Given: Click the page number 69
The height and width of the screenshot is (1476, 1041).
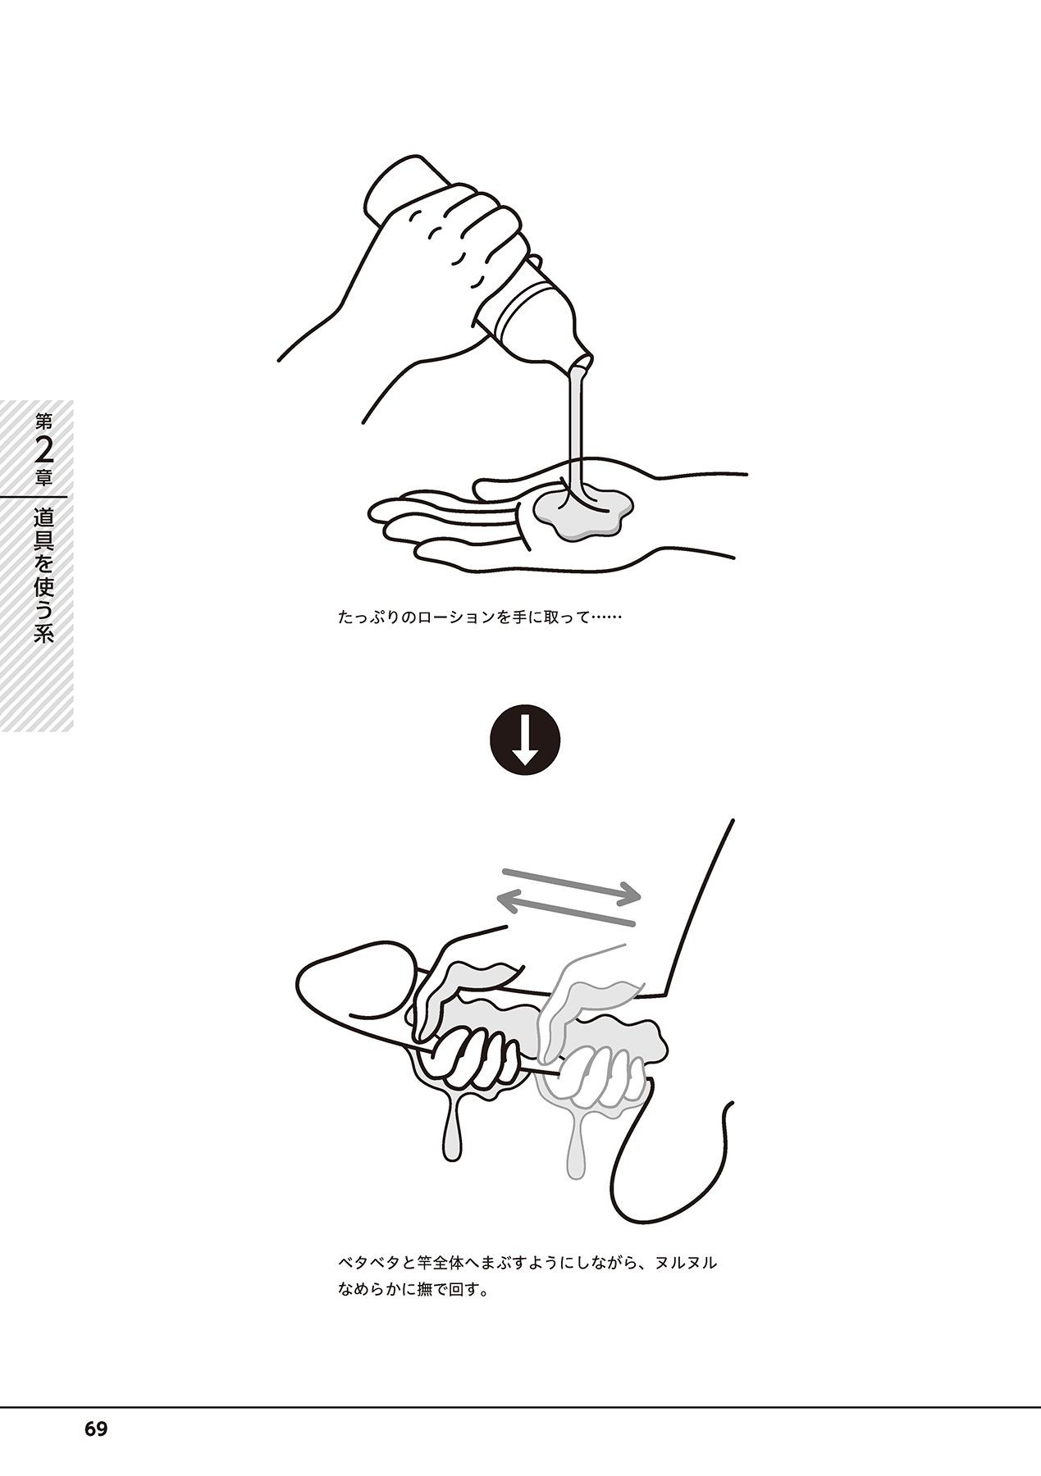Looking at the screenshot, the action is coord(95,1428).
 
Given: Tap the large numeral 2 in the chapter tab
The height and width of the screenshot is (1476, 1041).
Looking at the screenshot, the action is coord(44,452).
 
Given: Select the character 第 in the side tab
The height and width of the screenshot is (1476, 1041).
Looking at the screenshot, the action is coord(44,422).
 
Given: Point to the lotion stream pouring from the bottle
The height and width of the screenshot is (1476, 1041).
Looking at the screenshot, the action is coord(576,426).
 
